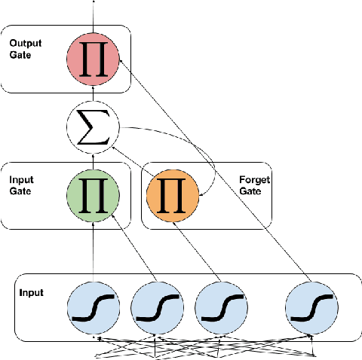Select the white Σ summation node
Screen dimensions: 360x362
(x=93, y=128)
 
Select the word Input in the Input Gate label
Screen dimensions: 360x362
(x=20, y=181)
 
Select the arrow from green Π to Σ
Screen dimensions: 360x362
(x=93, y=160)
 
